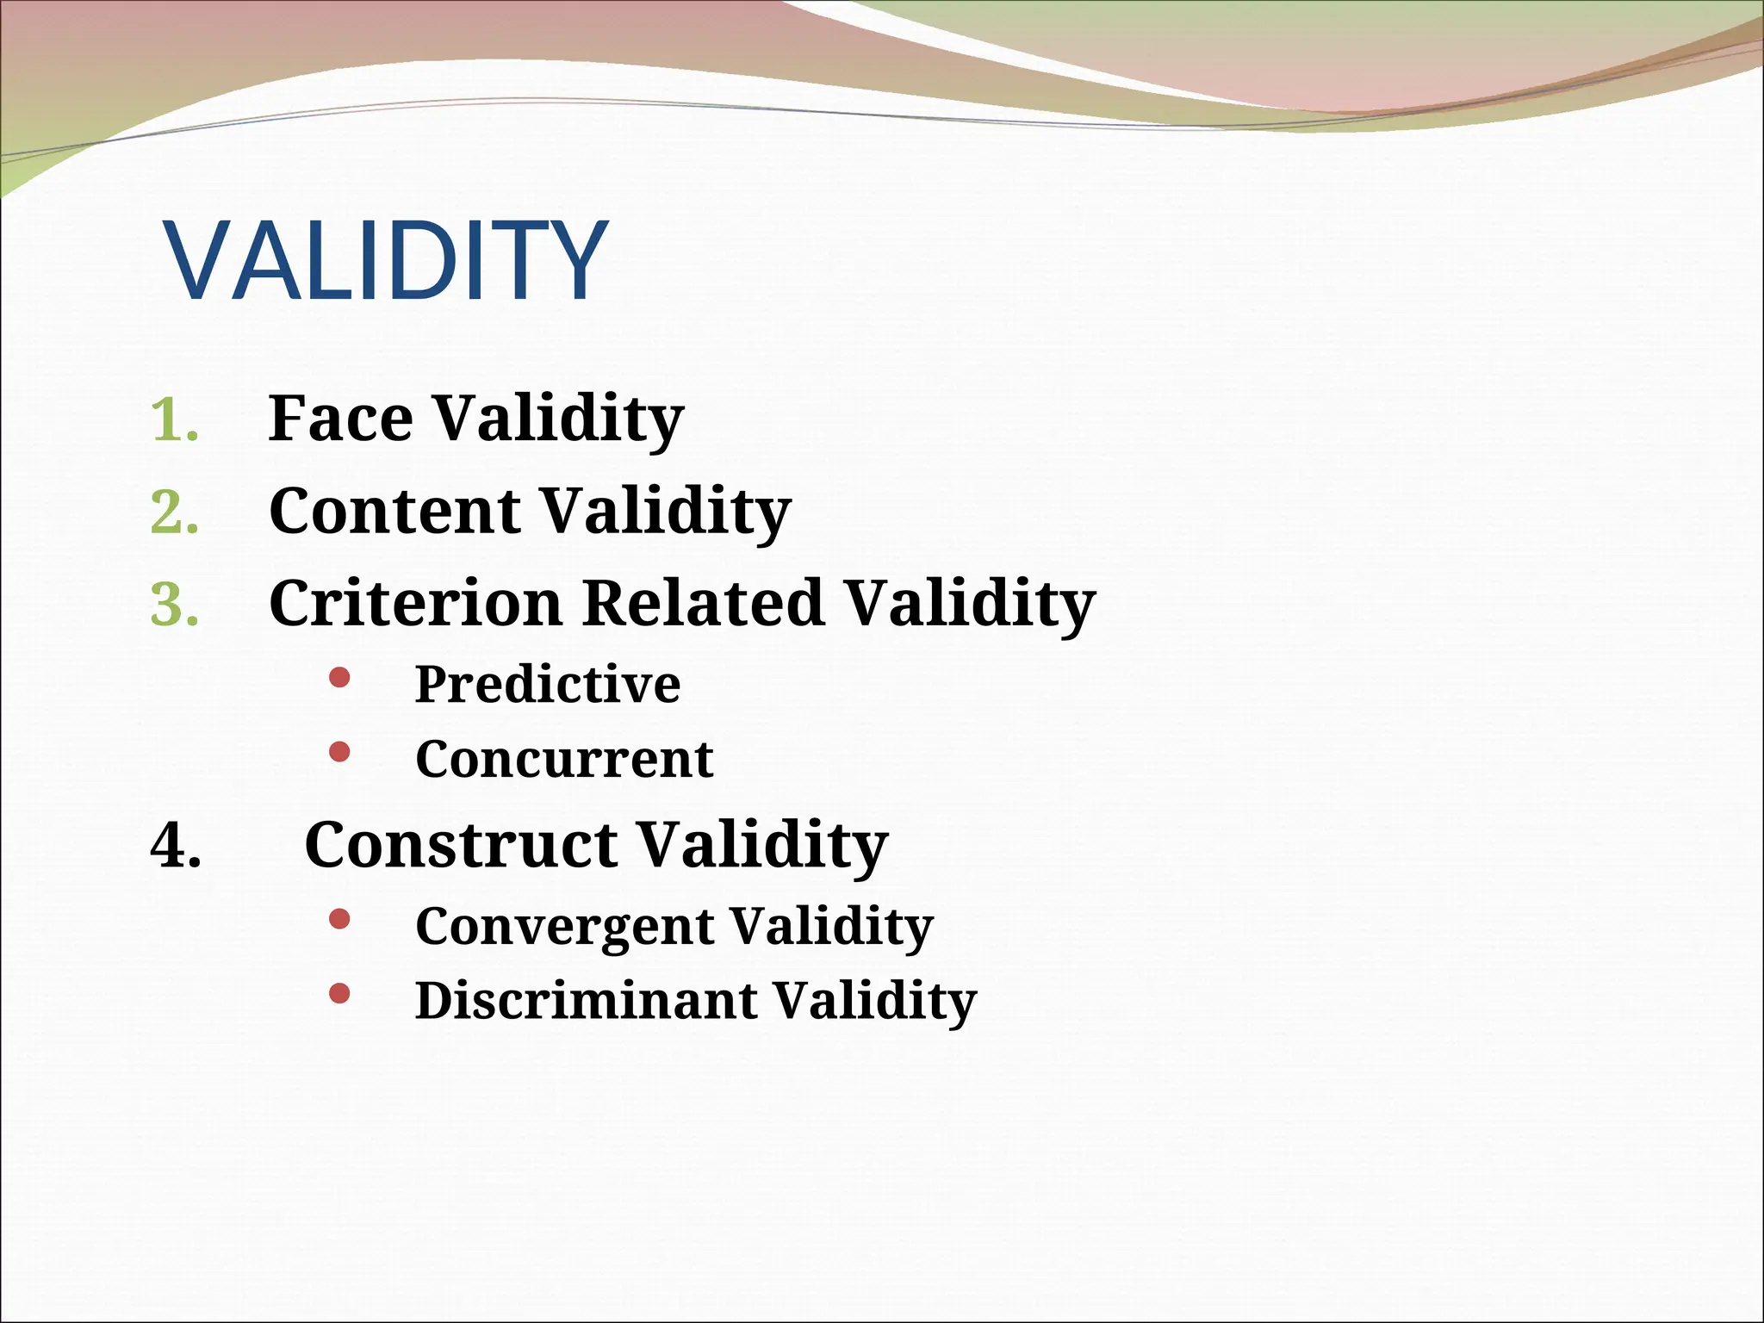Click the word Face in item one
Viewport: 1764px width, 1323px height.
coord(340,419)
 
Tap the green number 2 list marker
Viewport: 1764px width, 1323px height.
coord(174,513)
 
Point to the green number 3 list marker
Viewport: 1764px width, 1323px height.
coord(174,606)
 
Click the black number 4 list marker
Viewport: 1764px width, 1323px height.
coord(176,846)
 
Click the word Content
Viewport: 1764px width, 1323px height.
coord(394,511)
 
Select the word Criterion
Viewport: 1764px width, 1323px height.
coord(415,603)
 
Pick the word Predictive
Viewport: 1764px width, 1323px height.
coord(548,685)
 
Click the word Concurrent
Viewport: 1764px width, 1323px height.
coord(564,760)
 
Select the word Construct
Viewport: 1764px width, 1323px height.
coord(460,845)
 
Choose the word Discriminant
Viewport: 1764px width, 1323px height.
coord(586,1001)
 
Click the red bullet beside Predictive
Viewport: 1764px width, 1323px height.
coord(339,678)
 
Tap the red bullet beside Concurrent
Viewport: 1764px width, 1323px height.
coord(339,753)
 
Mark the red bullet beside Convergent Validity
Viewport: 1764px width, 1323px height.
coord(339,920)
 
